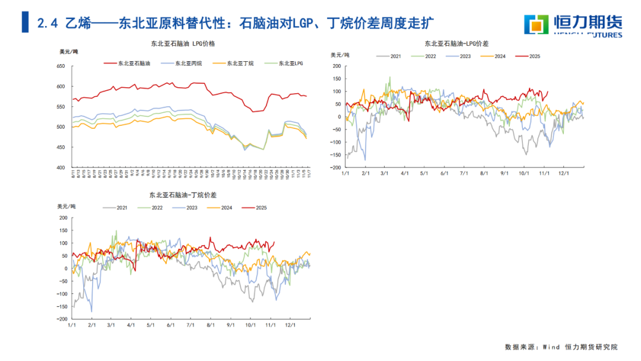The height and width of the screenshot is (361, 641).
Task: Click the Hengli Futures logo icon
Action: (535, 24)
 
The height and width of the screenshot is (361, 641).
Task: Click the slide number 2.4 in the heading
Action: (47, 24)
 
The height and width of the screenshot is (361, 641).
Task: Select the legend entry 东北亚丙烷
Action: (184, 62)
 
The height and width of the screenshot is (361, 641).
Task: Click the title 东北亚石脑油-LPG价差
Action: (456, 44)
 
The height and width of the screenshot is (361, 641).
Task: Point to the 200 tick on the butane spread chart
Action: (64, 217)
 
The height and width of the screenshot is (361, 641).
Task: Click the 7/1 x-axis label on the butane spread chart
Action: (191, 325)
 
